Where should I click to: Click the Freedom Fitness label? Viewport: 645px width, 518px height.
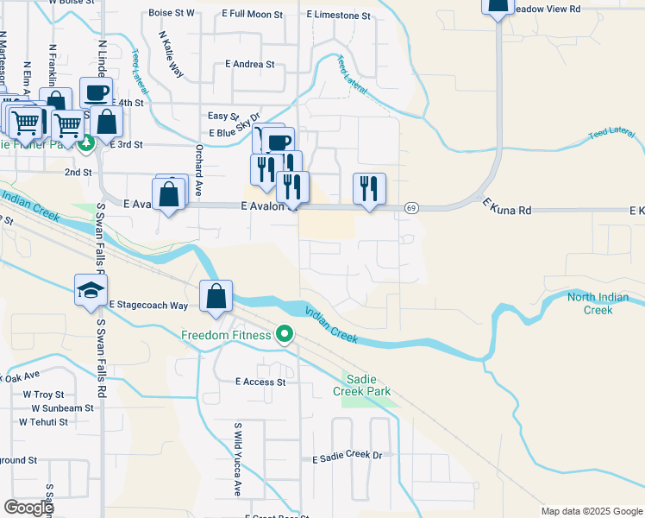(x=227, y=335)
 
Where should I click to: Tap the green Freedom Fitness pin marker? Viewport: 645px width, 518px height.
(x=283, y=335)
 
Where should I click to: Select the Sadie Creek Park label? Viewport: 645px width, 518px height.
(x=368, y=385)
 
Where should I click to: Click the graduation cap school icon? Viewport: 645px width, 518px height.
(x=91, y=292)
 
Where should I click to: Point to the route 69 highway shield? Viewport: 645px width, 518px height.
(x=411, y=208)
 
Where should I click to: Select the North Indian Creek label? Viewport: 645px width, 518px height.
(x=598, y=304)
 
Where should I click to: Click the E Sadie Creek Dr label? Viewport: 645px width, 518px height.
(x=348, y=455)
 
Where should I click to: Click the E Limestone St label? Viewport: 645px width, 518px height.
(x=338, y=16)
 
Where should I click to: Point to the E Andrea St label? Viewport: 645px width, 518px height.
(x=249, y=64)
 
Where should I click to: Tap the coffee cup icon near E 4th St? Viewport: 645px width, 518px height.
(x=96, y=92)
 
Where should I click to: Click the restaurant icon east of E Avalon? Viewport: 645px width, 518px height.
(x=370, y=188)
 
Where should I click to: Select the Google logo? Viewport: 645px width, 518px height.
(x=28, y=508)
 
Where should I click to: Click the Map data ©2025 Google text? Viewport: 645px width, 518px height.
(x=591, y=511)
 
